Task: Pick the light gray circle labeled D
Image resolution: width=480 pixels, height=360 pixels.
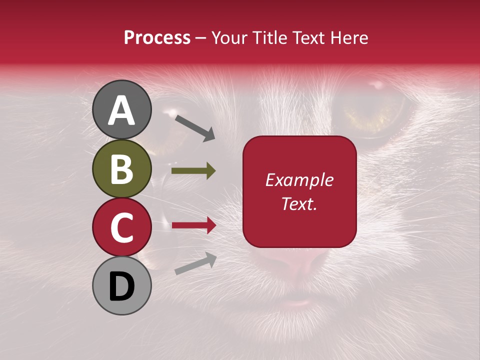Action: click(121, 285)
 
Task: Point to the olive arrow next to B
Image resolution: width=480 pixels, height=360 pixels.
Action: click(193, 171)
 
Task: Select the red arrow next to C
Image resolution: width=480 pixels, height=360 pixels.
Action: click(193, 225)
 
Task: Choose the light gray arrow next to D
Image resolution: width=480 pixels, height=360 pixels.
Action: click(195, 263)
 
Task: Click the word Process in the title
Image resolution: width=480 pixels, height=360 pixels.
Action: click(157, 38)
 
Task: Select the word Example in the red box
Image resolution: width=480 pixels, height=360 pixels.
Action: click(299, 180)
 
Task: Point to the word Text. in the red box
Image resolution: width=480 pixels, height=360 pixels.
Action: click(299, 203)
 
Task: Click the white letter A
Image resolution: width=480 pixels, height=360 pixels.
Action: click(121, 110)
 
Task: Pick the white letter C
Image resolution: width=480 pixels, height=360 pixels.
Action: click(121, 228)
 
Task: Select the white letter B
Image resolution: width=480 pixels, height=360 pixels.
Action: click(121, 169)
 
